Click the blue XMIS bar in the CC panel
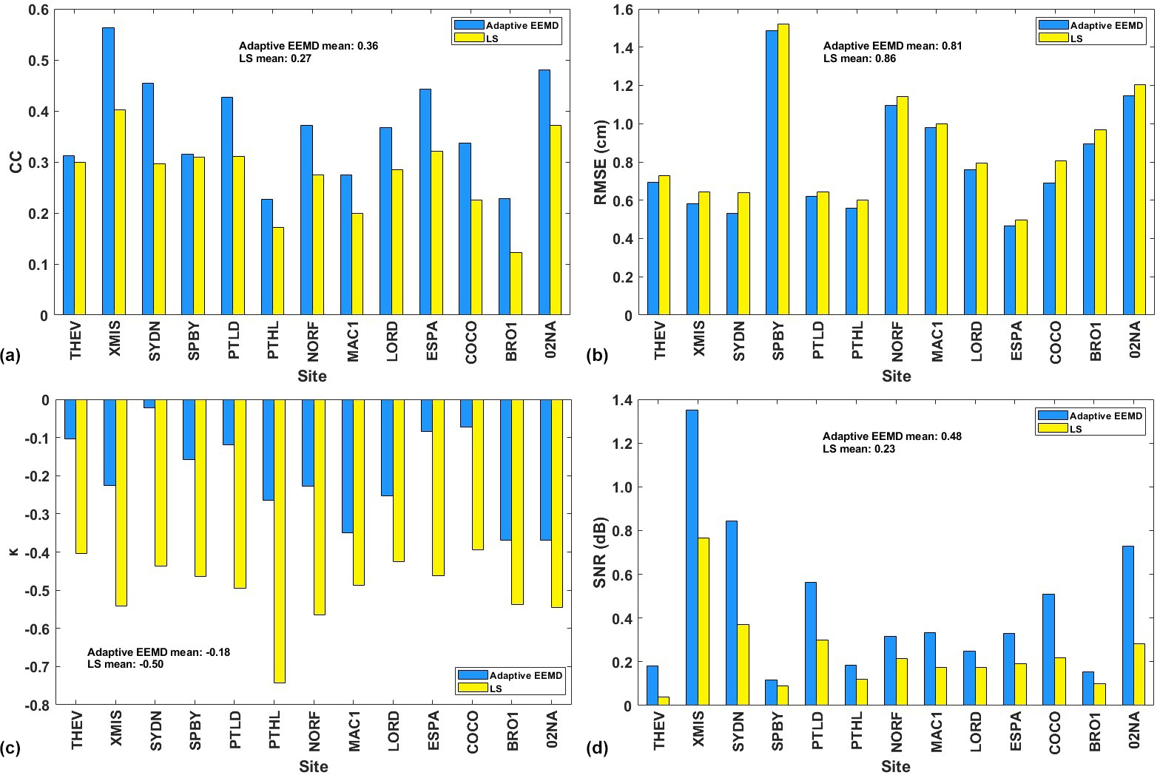click(108, 172)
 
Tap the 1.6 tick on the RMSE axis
click(624, 10)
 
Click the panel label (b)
click(597, 356)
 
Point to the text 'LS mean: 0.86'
click(859, 58)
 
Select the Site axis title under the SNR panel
click(896, 766)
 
